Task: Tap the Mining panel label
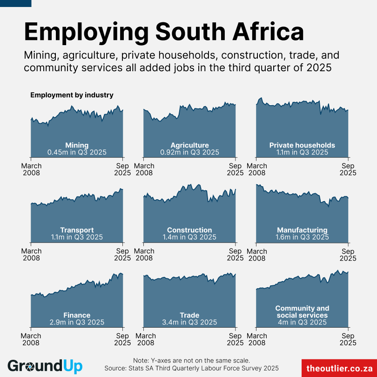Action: click(x=77, y=145)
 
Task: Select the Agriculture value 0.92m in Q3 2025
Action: click(x=189, y=152)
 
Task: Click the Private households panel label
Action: click(x=302, y=145)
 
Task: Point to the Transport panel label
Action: click(x=77, y=230)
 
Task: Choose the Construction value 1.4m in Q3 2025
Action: click(x=189, y=237)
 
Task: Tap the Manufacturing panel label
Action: click(x=302, y=230)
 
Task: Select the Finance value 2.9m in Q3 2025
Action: click(x=77, y=322)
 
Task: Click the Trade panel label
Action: click(x=189, y=315)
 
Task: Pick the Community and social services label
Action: click(x=302, y=312)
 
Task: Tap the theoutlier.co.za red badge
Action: click(x=339, y=368)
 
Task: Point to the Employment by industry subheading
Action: click(x=72, y=95)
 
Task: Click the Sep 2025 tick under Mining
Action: click(x=122, y=169)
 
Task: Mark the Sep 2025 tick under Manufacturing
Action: click(x=348, y=255)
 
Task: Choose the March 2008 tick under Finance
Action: click(x=32, y=339)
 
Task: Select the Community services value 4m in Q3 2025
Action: click(x=302, y=322)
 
